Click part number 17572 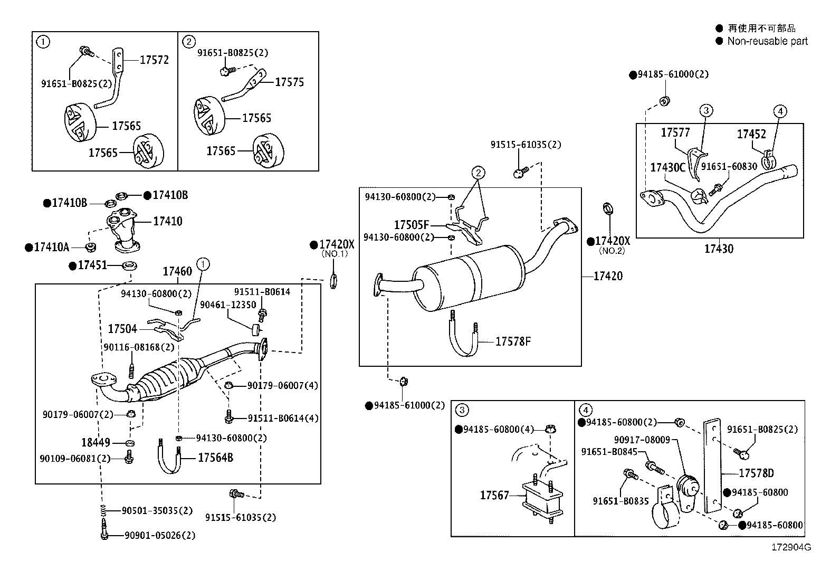pos(154,60)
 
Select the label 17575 pos(290,82)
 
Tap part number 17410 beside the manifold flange pos(168,221)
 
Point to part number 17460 pos(177,271)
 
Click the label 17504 pos(122,329)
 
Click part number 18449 pos(96,442)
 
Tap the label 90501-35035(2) pos(157,510)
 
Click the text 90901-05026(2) pos(160,535)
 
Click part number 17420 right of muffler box pos(608,276)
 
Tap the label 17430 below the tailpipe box pos(719,248)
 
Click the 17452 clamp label pos(751,134)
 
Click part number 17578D pos(756,473)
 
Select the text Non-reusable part pos(767,41)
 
